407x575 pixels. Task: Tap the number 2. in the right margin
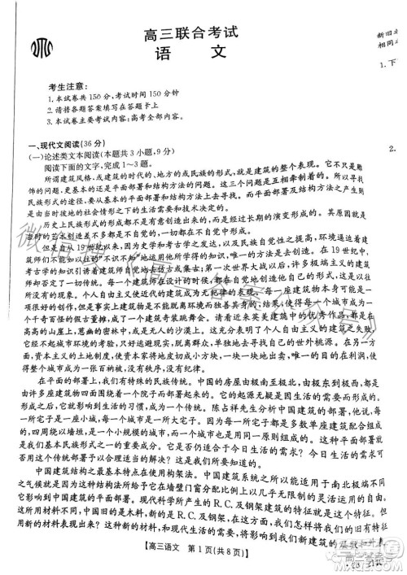(393, 147)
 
